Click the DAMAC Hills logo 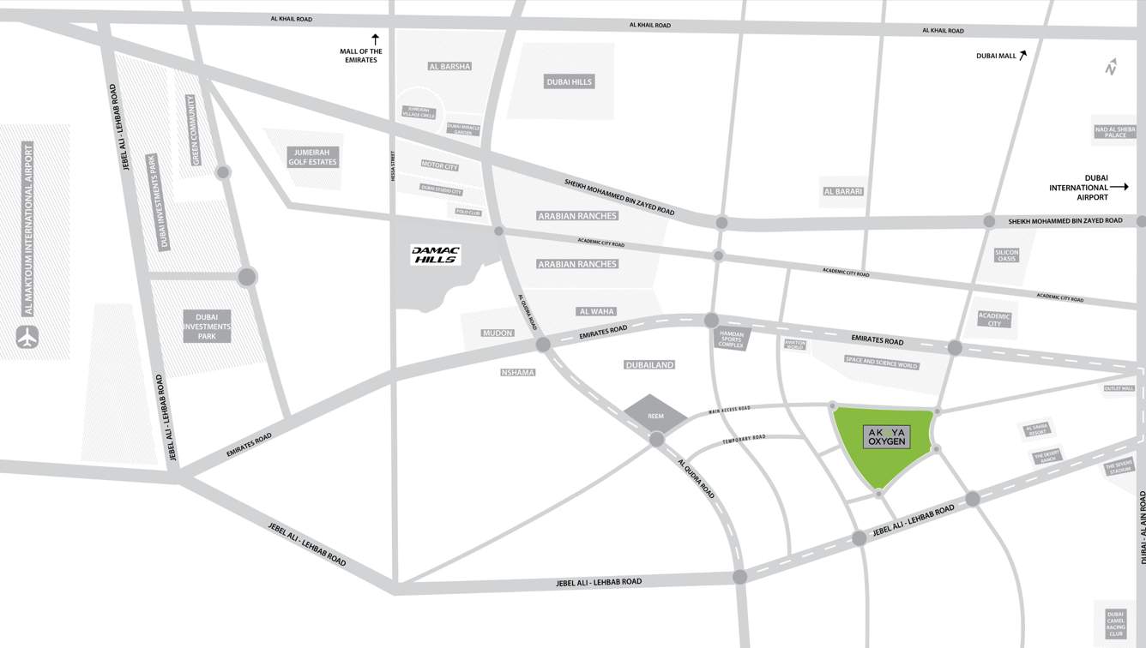(x=436, y=255)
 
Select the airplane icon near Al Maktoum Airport (x=27, y=338)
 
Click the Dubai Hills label (x=569, y=82)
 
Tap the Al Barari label (x=842, y=191)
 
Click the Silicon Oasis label (x=1006, y=255)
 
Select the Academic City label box (x=994, y=319)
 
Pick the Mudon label (x=498, y=333)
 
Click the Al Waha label (x=597, y=311)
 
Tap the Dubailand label (x=649, y=365)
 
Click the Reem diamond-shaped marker (x=655, y=415)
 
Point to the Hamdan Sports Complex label (x=732, y=339)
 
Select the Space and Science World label (x=881, y=363)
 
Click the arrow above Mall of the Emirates (x=375, y=39)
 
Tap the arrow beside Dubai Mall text (x=1023, y=55)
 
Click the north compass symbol (x=1111, y=67)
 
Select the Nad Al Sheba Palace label (x=1115, y=132)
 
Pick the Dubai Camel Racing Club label (x=1115, y=623)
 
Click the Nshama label (x=517, y=372)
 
